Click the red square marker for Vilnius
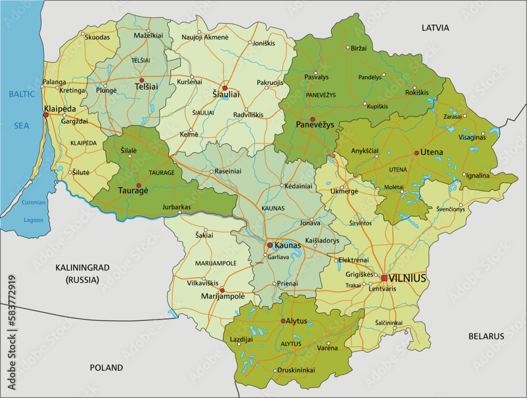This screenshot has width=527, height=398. [384, 278]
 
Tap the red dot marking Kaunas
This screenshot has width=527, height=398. [270, 245]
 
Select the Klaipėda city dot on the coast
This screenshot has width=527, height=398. [46, 115]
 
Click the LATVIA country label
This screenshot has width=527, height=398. [435, 27]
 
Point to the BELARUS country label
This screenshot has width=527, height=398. [486, 336]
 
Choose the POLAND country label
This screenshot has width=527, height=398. [106, 367]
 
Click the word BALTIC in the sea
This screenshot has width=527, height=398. [22, 94]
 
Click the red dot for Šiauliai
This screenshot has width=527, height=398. [225, 88]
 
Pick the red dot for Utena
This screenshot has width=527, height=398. [416, 153]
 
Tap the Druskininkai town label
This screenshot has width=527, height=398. [297, 370]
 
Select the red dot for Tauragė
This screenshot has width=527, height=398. [139, 186]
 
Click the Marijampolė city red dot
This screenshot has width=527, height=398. [222, 290]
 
